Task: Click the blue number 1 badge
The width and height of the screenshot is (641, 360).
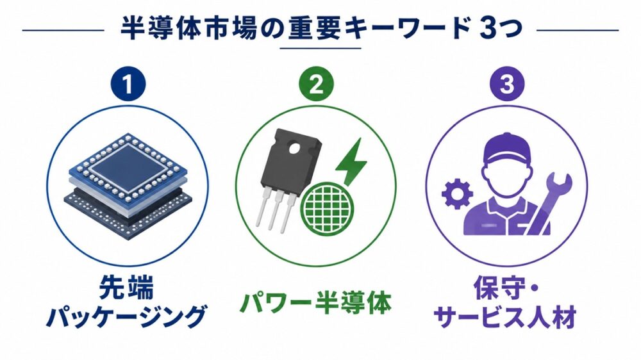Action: tap(128, 84)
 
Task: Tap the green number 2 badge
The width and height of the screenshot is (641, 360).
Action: tap(317, 84)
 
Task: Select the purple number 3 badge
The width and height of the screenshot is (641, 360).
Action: tap(507, 84)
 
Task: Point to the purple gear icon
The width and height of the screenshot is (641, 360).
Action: tap(458, 193)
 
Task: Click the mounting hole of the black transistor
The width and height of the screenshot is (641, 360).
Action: tap(294, 149)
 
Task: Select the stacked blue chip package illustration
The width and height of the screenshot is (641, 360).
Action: tap(128, 186)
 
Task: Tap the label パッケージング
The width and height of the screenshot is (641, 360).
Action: tap(126, 316)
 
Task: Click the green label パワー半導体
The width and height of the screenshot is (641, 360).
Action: tap(316, 302)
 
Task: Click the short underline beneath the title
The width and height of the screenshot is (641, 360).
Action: tap(320, 48)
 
